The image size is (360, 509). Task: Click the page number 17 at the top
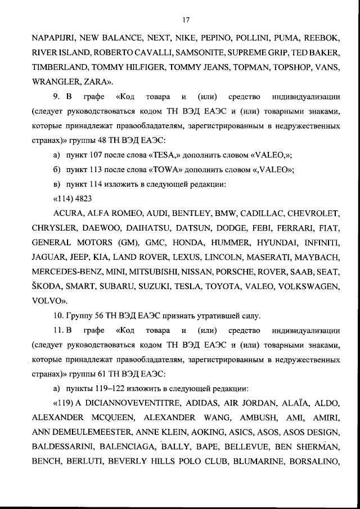click(186, 21)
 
